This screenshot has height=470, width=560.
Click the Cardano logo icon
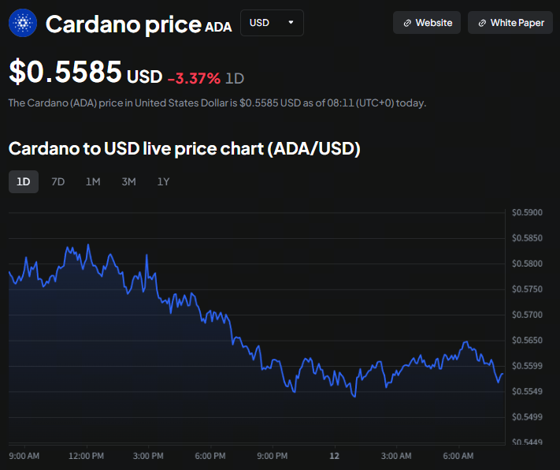click(23, 24)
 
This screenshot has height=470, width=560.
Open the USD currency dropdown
click(271, 23)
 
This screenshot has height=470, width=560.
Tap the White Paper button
click(510, 23)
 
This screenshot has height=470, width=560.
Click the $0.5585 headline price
click(65, 73)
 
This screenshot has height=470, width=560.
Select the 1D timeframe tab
click(24, 182)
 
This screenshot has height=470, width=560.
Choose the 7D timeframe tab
click(57, 182)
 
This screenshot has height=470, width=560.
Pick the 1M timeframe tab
click(93, 182)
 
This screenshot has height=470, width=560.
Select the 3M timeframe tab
click(128, 182)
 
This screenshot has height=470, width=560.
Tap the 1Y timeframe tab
click(163, 182)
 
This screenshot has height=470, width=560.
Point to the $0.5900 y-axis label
click(527, 212)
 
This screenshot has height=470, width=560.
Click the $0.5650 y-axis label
click(527, 340)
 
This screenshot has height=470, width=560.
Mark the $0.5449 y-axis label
click(527, 442)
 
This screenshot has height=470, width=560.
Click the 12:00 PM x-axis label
click(86, 456)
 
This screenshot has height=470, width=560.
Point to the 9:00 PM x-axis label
click(272, 456)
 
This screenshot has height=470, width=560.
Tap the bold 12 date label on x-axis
click(334, 456)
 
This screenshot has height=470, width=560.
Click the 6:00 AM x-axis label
click(458, 456)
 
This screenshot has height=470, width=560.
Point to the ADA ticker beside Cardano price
click(218, 27)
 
